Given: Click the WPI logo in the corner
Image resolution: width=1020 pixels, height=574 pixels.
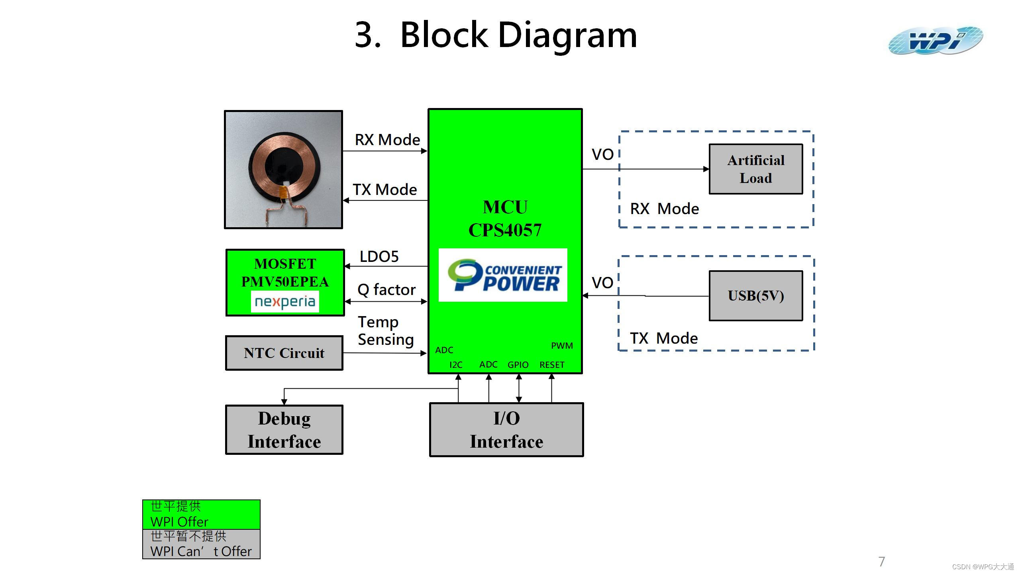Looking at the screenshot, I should coord(935,40).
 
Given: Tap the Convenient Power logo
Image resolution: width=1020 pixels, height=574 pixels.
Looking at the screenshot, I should coord(503,275).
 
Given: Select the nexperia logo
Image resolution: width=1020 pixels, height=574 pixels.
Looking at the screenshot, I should coord(285,302).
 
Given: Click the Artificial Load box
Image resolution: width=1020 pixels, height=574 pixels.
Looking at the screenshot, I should coord(755,169).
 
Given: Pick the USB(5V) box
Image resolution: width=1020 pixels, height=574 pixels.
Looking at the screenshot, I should coord(755,296).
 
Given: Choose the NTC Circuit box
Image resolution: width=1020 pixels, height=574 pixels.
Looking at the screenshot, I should coord(284,353).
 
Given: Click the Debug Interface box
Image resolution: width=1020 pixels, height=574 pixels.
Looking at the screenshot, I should coord(284,430).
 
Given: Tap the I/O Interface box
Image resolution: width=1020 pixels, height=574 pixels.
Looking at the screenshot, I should coord(506,430).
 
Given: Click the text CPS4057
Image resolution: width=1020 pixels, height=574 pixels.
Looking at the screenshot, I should coord(505,230).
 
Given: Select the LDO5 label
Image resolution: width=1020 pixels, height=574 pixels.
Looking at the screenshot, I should coord(379,257).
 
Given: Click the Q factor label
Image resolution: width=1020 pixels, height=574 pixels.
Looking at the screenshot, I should coord(386,290).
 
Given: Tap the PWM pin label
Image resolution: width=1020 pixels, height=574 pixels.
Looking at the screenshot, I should coord(562,346).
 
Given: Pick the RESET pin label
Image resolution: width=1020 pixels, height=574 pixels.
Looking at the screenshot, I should coord(552,365).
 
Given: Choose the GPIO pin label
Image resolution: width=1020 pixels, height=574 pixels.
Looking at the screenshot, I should coord(518,365).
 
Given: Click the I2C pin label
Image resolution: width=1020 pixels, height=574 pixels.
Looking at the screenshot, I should coord(456,365).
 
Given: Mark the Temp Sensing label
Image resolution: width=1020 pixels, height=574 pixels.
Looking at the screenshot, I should coord(385,330).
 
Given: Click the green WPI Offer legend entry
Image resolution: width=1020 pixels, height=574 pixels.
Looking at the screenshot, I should coord(201,514).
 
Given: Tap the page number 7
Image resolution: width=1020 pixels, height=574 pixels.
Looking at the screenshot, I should coord(882,562).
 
